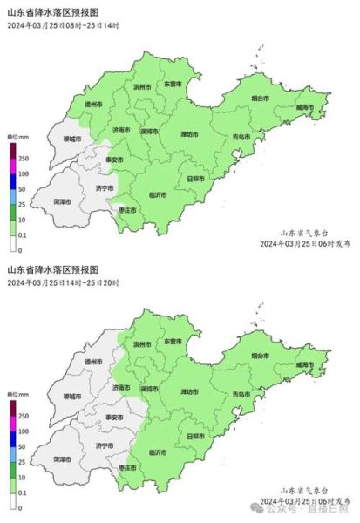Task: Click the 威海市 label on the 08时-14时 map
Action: point(303,107)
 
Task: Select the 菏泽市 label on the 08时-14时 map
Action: point(62,201)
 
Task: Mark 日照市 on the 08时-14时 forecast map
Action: point(196,179)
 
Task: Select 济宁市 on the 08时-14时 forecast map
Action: point(102,187)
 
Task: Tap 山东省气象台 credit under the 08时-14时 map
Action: point(302,232)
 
